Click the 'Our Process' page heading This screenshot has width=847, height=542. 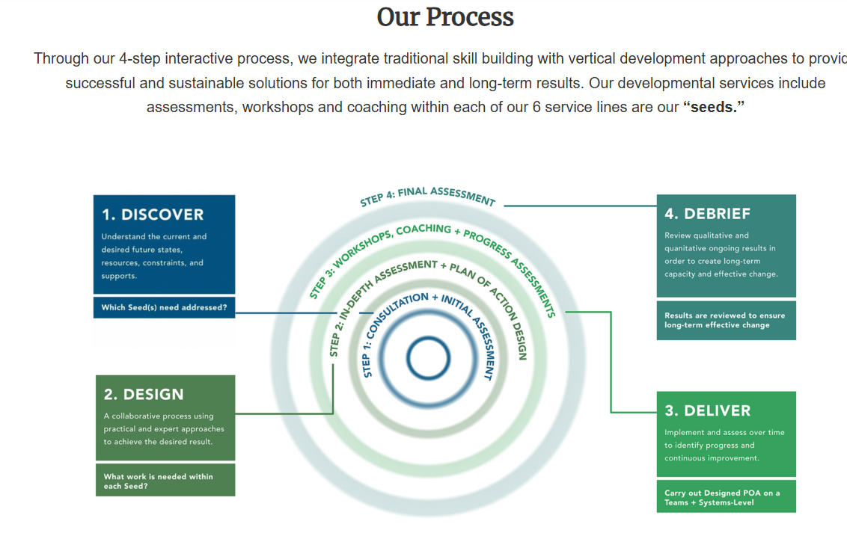pos(445,17)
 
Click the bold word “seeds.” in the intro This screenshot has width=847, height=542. pos(714,107)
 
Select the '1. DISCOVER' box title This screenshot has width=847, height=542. pos(153,215)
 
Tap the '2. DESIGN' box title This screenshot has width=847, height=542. pos(144,394)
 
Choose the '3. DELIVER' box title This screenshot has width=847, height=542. pos(707,410)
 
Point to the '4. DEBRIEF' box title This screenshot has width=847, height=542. pos(707,214)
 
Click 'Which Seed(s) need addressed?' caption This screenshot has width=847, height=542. pos(164,307)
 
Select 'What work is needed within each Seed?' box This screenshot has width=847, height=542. pos(165,481)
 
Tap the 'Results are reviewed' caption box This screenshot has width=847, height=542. pos(725,320)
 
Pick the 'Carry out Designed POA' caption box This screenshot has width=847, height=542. pos(725,497)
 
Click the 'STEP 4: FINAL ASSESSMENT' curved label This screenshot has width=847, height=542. pos(427,196)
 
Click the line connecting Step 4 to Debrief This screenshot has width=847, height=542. pos(580,206)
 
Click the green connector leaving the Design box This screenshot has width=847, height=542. pos(284,413)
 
